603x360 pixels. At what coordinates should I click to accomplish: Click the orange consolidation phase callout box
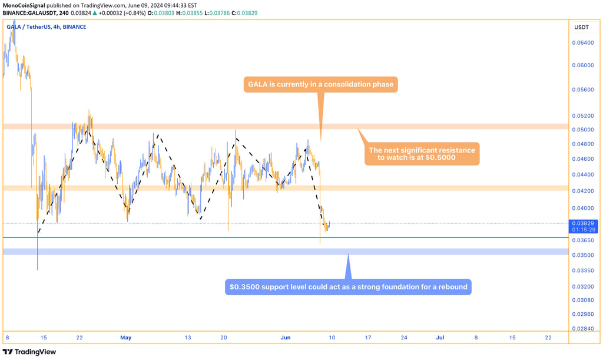[x=321, y=84]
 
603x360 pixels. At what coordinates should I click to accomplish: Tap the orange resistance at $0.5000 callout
[x=421, y=154]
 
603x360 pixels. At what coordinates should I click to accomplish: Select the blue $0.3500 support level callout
[x=347, y=287]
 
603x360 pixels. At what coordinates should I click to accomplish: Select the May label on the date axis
[x=125, y=338]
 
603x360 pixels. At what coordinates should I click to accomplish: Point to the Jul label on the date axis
[x=439, y=338]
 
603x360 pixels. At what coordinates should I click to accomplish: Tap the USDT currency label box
[x=581, y=27]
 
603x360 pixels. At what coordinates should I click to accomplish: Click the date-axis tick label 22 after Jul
[x=548, y=338]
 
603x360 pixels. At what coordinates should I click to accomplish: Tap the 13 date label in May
[x=188, y=338]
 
